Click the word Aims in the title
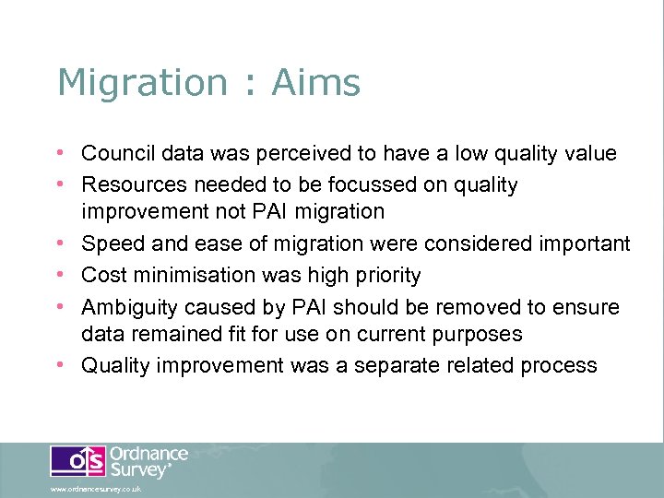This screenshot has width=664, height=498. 315,83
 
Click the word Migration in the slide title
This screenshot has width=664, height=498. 140,83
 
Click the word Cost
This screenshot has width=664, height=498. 101,275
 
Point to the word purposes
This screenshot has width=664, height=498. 471,334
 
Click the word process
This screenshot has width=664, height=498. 554,365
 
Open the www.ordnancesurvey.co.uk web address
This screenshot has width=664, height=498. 96,489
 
